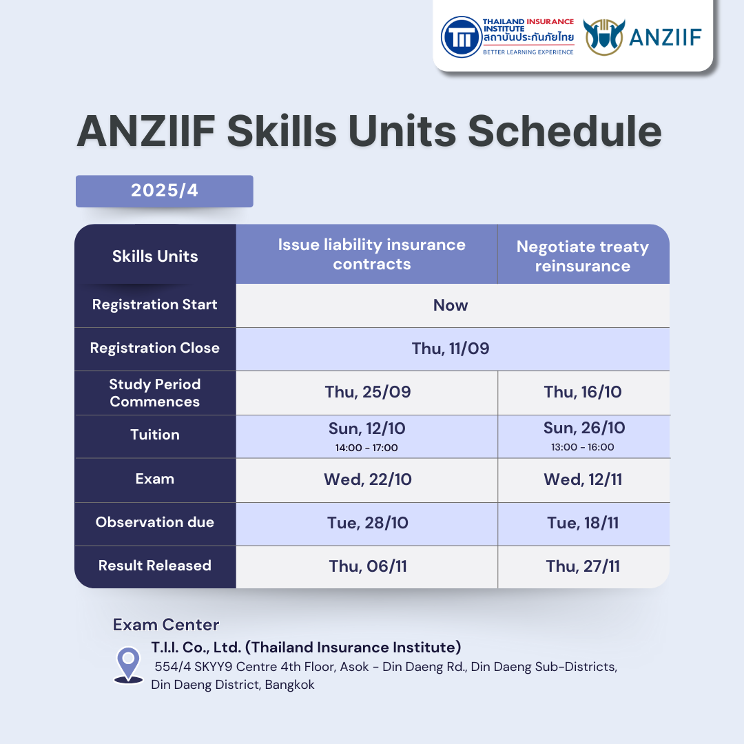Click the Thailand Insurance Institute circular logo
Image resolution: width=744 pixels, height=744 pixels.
pos(461,37)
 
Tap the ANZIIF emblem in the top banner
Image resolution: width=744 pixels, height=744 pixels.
pos(603,37)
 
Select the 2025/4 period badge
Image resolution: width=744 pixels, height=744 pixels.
pos(164,191)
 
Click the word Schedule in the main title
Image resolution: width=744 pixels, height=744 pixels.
pos(565,132)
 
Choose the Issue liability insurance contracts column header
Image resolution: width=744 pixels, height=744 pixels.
pos(371,254)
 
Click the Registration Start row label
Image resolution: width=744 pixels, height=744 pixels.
pos(155,304)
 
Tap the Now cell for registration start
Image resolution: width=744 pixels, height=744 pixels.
pos(451,305)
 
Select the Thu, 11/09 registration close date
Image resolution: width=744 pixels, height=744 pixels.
pos(451,349)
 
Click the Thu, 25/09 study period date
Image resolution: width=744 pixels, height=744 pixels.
pos(368,392)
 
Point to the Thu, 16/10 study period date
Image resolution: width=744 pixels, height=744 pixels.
pos(583,392)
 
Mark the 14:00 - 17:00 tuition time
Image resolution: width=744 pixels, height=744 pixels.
pos(366,448)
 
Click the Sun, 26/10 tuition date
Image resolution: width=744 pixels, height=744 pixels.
pos(584,428)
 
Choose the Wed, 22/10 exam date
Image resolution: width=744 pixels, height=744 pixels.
pos(368,479)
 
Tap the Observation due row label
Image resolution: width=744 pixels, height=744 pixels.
pos(155,522)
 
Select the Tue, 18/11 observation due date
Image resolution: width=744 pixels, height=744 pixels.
pos(583,523)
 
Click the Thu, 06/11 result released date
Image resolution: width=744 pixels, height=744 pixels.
pos(368,566)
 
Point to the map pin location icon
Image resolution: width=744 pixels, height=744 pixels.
pos(129,665)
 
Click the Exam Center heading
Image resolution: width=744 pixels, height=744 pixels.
pos(166,625)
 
